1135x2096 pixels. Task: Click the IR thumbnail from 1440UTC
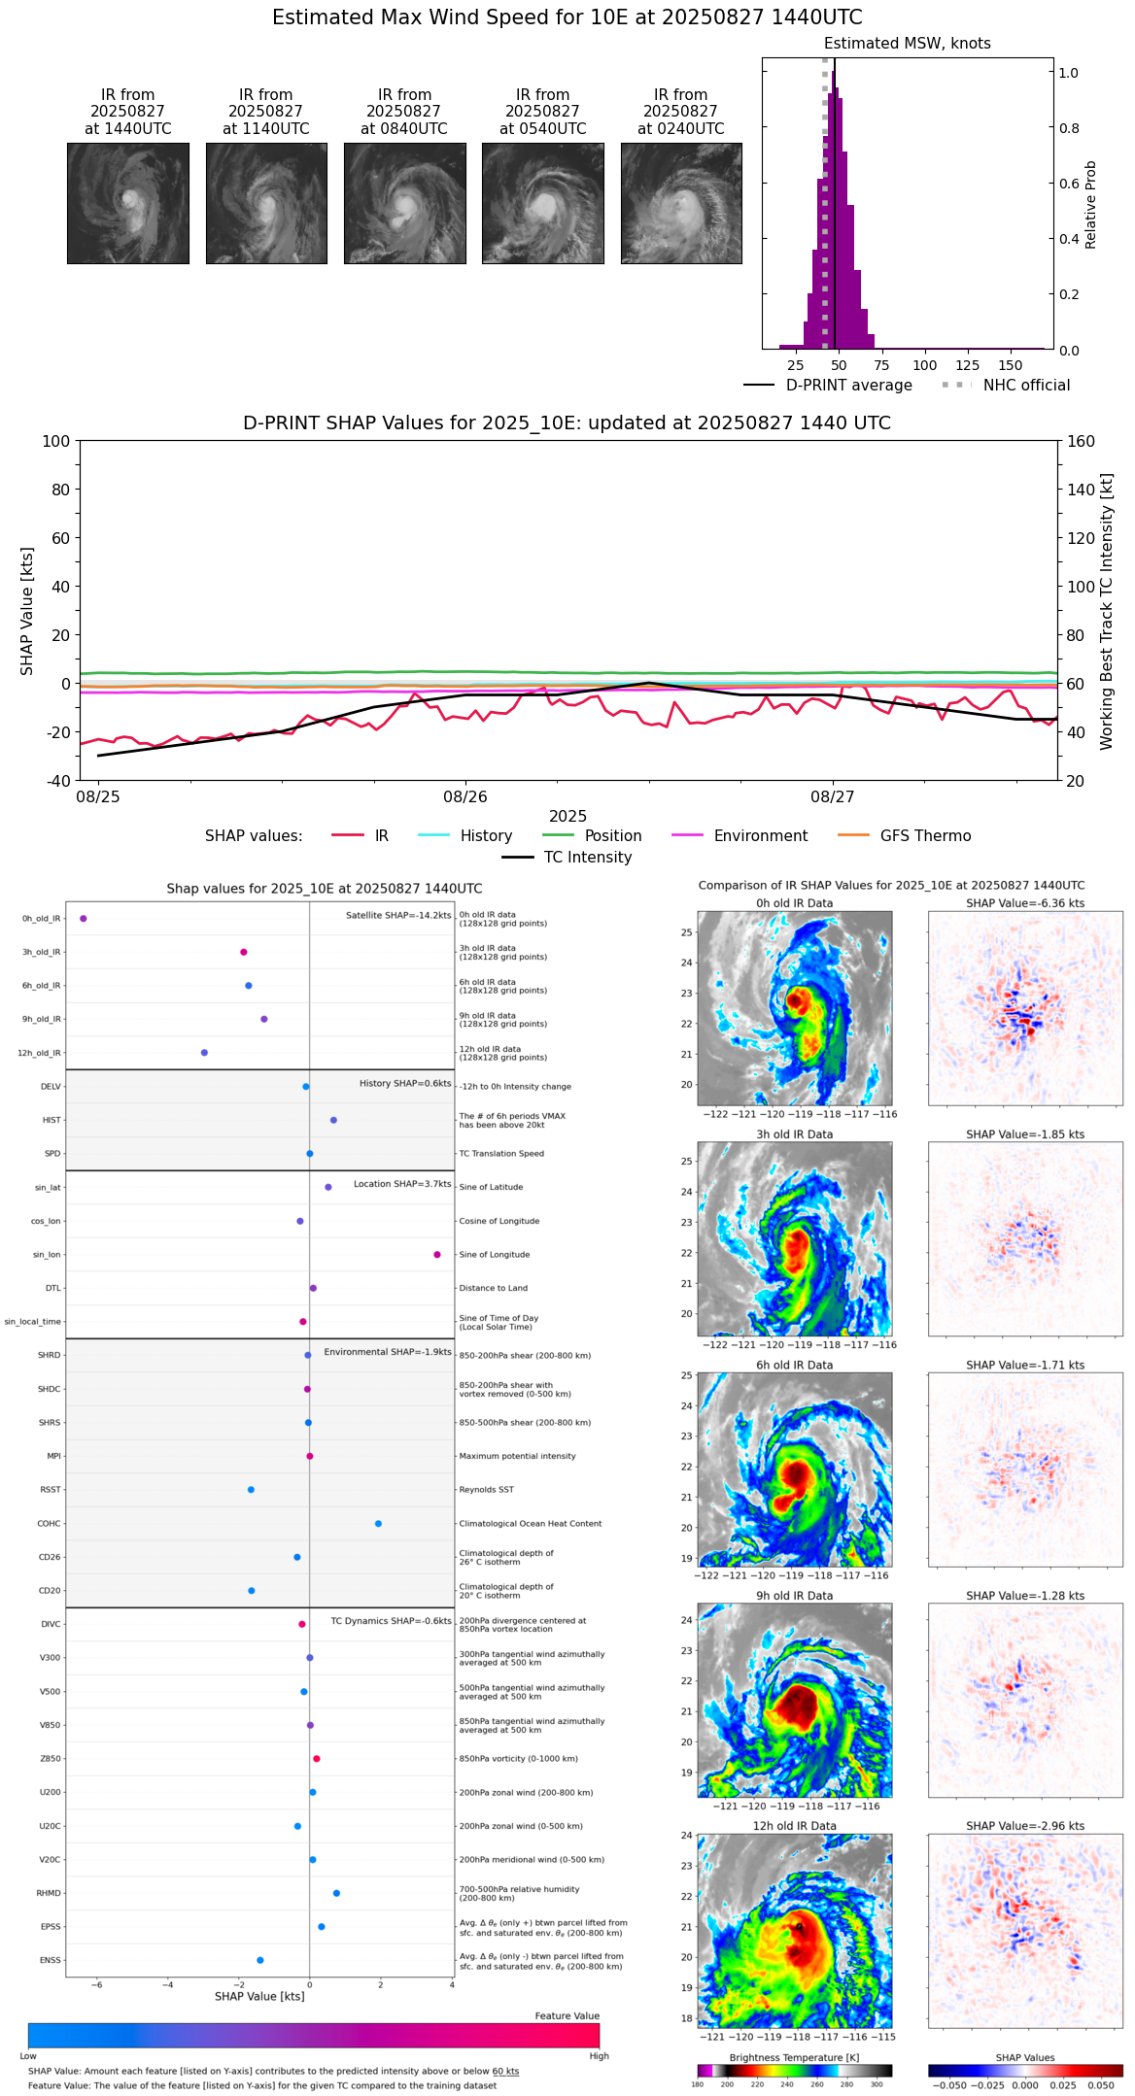click(128, 203)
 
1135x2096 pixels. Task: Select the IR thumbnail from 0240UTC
click(681, 203)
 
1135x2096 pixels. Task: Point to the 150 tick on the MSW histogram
click(1011, 365)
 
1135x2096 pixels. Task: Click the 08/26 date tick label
click(465, 796)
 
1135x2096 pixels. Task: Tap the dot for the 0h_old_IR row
click(84, 919)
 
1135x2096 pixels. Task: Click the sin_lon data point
click(437, 1255)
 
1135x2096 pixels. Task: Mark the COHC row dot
click(378, 1524)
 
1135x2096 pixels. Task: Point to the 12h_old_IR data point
click(204, 1053)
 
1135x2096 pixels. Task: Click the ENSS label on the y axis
click(51, 1960)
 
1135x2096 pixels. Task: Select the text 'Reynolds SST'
click(487, 1490)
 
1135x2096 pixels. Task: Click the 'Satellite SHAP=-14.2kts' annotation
click(398, 915)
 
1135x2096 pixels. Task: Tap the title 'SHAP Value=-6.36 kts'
click(1025, 903)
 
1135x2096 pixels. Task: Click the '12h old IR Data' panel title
click(794, 1826)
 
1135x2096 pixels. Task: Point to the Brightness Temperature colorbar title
click(794, 2057)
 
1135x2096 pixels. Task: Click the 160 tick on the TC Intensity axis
click(1082, 441)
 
